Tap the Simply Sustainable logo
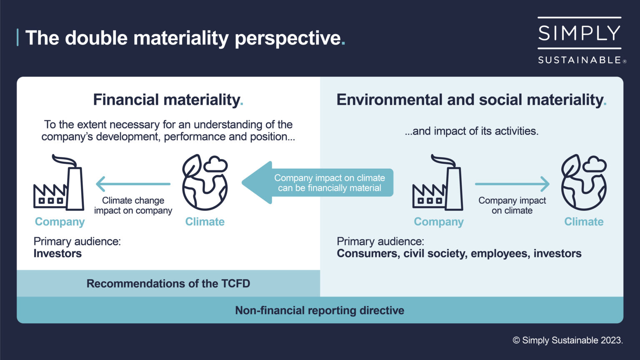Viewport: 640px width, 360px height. coord(580,41)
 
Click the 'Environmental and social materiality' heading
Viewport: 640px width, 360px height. coord(471,100)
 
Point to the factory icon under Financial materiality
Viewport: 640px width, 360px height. coord(59,183)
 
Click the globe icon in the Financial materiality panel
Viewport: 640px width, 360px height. coord(205,182)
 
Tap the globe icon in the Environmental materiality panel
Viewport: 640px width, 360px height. coord(584,182)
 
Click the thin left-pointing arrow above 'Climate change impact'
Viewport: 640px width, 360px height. coord(133,184)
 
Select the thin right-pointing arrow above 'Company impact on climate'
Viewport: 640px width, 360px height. coord(512,184)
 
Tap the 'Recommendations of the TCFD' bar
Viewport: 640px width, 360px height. coord(168,284)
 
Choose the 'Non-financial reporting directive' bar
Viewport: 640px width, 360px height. coord(320,310)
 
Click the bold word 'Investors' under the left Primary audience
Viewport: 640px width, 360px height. coord(57,254)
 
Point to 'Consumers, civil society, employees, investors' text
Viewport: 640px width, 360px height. coord(459,254)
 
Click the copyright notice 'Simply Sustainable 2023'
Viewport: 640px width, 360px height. coord(567,340)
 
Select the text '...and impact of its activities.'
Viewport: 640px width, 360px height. coord(471,131)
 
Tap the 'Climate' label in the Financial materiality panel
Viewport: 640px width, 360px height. coord(205,222)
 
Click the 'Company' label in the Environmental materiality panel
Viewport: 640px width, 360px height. coord(438,222)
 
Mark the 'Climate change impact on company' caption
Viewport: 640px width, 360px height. coord(133,205)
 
